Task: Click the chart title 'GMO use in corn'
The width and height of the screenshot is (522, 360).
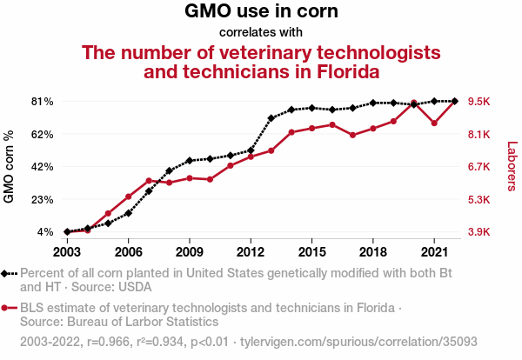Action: pyautogui.click(x=261, y=12)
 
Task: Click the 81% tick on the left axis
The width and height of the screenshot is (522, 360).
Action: pyautogui.click(x=43, y=102)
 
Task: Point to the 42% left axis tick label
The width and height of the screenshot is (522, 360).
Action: pyautogui.click(x=43, y=167)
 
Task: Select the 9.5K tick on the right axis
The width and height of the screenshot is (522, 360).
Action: pyautogui.click(x=480, y=102)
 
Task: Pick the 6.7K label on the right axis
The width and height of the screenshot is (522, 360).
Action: pyautogui.click(x=480, y=167)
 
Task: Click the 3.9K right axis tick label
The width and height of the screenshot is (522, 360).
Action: pyautogui.click(x=480, y=232)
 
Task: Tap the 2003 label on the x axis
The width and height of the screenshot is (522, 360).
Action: pyautogui.click(x=67, y=251)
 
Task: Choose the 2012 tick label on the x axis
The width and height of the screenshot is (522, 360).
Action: pyautogui.click(x=251, y=251)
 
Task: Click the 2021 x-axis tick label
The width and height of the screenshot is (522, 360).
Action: pyautogui.click(x=434, y=251)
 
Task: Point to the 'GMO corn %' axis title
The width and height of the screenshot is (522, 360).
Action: pyautogui.click(x=10, y=167)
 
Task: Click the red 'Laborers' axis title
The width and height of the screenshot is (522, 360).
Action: pyautogui.click(x=512, y=167)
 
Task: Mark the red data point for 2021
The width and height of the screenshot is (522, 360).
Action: pyautogui.click(x=434, y=123)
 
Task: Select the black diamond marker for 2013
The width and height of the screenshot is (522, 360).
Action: pyautogui.click(x=271, y=118)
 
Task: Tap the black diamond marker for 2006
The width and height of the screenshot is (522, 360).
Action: pyautogui.click(x=128, y=213)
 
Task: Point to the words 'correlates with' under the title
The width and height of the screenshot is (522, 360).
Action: pyautogui.click(x=261, y=33)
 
